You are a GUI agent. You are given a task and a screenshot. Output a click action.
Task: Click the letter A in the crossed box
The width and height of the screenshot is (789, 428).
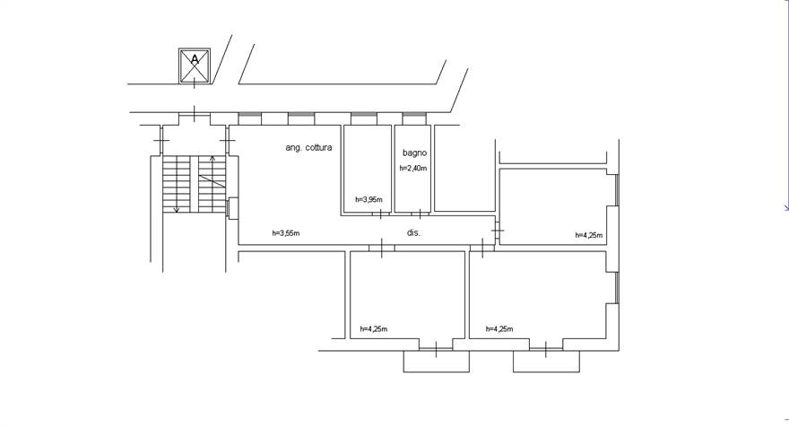point(195,60)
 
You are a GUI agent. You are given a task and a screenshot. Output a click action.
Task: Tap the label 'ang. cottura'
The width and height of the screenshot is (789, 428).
point(308,147)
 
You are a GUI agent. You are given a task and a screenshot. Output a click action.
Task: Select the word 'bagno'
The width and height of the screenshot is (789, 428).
point(414,153)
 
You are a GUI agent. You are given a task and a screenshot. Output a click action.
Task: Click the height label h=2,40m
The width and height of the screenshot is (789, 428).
point(413,168)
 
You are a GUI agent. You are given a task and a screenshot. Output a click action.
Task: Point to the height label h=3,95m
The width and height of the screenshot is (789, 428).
point(368,199)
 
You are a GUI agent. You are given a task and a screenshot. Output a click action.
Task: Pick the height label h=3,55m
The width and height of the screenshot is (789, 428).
point(286,233)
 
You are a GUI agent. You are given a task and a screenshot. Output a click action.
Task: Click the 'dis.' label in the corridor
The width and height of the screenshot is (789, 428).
point(413,232)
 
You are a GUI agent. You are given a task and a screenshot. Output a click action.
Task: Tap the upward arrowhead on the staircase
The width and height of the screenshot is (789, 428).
point(212,159)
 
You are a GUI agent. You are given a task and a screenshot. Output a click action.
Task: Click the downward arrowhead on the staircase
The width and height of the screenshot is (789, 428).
point(176,209)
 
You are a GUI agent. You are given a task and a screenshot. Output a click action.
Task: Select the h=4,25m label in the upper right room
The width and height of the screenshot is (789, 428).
point(589,235)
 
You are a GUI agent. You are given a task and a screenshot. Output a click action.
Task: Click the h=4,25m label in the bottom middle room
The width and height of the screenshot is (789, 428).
point(373,329)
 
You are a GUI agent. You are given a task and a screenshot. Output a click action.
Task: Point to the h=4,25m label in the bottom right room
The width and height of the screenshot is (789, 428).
point(499,329)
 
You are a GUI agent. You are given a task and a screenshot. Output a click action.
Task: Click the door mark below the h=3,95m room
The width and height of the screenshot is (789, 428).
point(380,214)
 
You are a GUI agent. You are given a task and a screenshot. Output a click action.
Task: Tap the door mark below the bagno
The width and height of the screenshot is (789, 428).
point(420,214)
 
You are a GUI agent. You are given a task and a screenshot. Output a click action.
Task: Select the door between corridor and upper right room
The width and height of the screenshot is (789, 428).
point(497,231)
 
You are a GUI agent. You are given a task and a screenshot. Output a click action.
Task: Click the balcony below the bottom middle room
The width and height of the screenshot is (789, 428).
point(437,362)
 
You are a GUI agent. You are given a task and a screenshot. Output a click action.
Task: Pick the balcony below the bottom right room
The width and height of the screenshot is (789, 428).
point(546,362)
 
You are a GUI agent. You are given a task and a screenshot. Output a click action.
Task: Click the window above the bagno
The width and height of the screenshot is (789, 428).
point(414,118)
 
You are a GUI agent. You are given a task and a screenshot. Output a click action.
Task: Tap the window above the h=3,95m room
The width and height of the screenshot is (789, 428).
point(364,118)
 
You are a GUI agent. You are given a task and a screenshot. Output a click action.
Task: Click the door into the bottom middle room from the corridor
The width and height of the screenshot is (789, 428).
point(381,248)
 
